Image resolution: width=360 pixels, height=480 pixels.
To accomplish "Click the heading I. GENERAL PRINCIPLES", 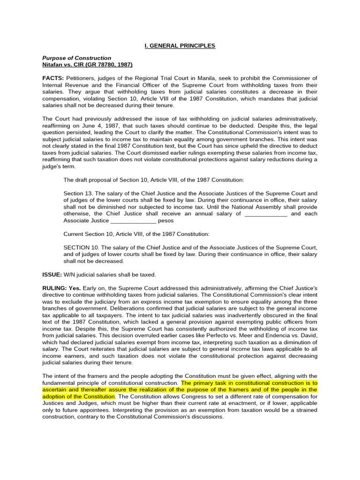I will tap(180, 45).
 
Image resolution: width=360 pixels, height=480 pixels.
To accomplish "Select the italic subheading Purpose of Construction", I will tap(77, 58).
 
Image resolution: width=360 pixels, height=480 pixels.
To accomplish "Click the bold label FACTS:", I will tap(53, 78).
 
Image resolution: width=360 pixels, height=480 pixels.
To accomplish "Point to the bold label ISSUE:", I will tap(53, 274).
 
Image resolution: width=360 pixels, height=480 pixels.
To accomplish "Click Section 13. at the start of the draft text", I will tap(78, 193).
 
